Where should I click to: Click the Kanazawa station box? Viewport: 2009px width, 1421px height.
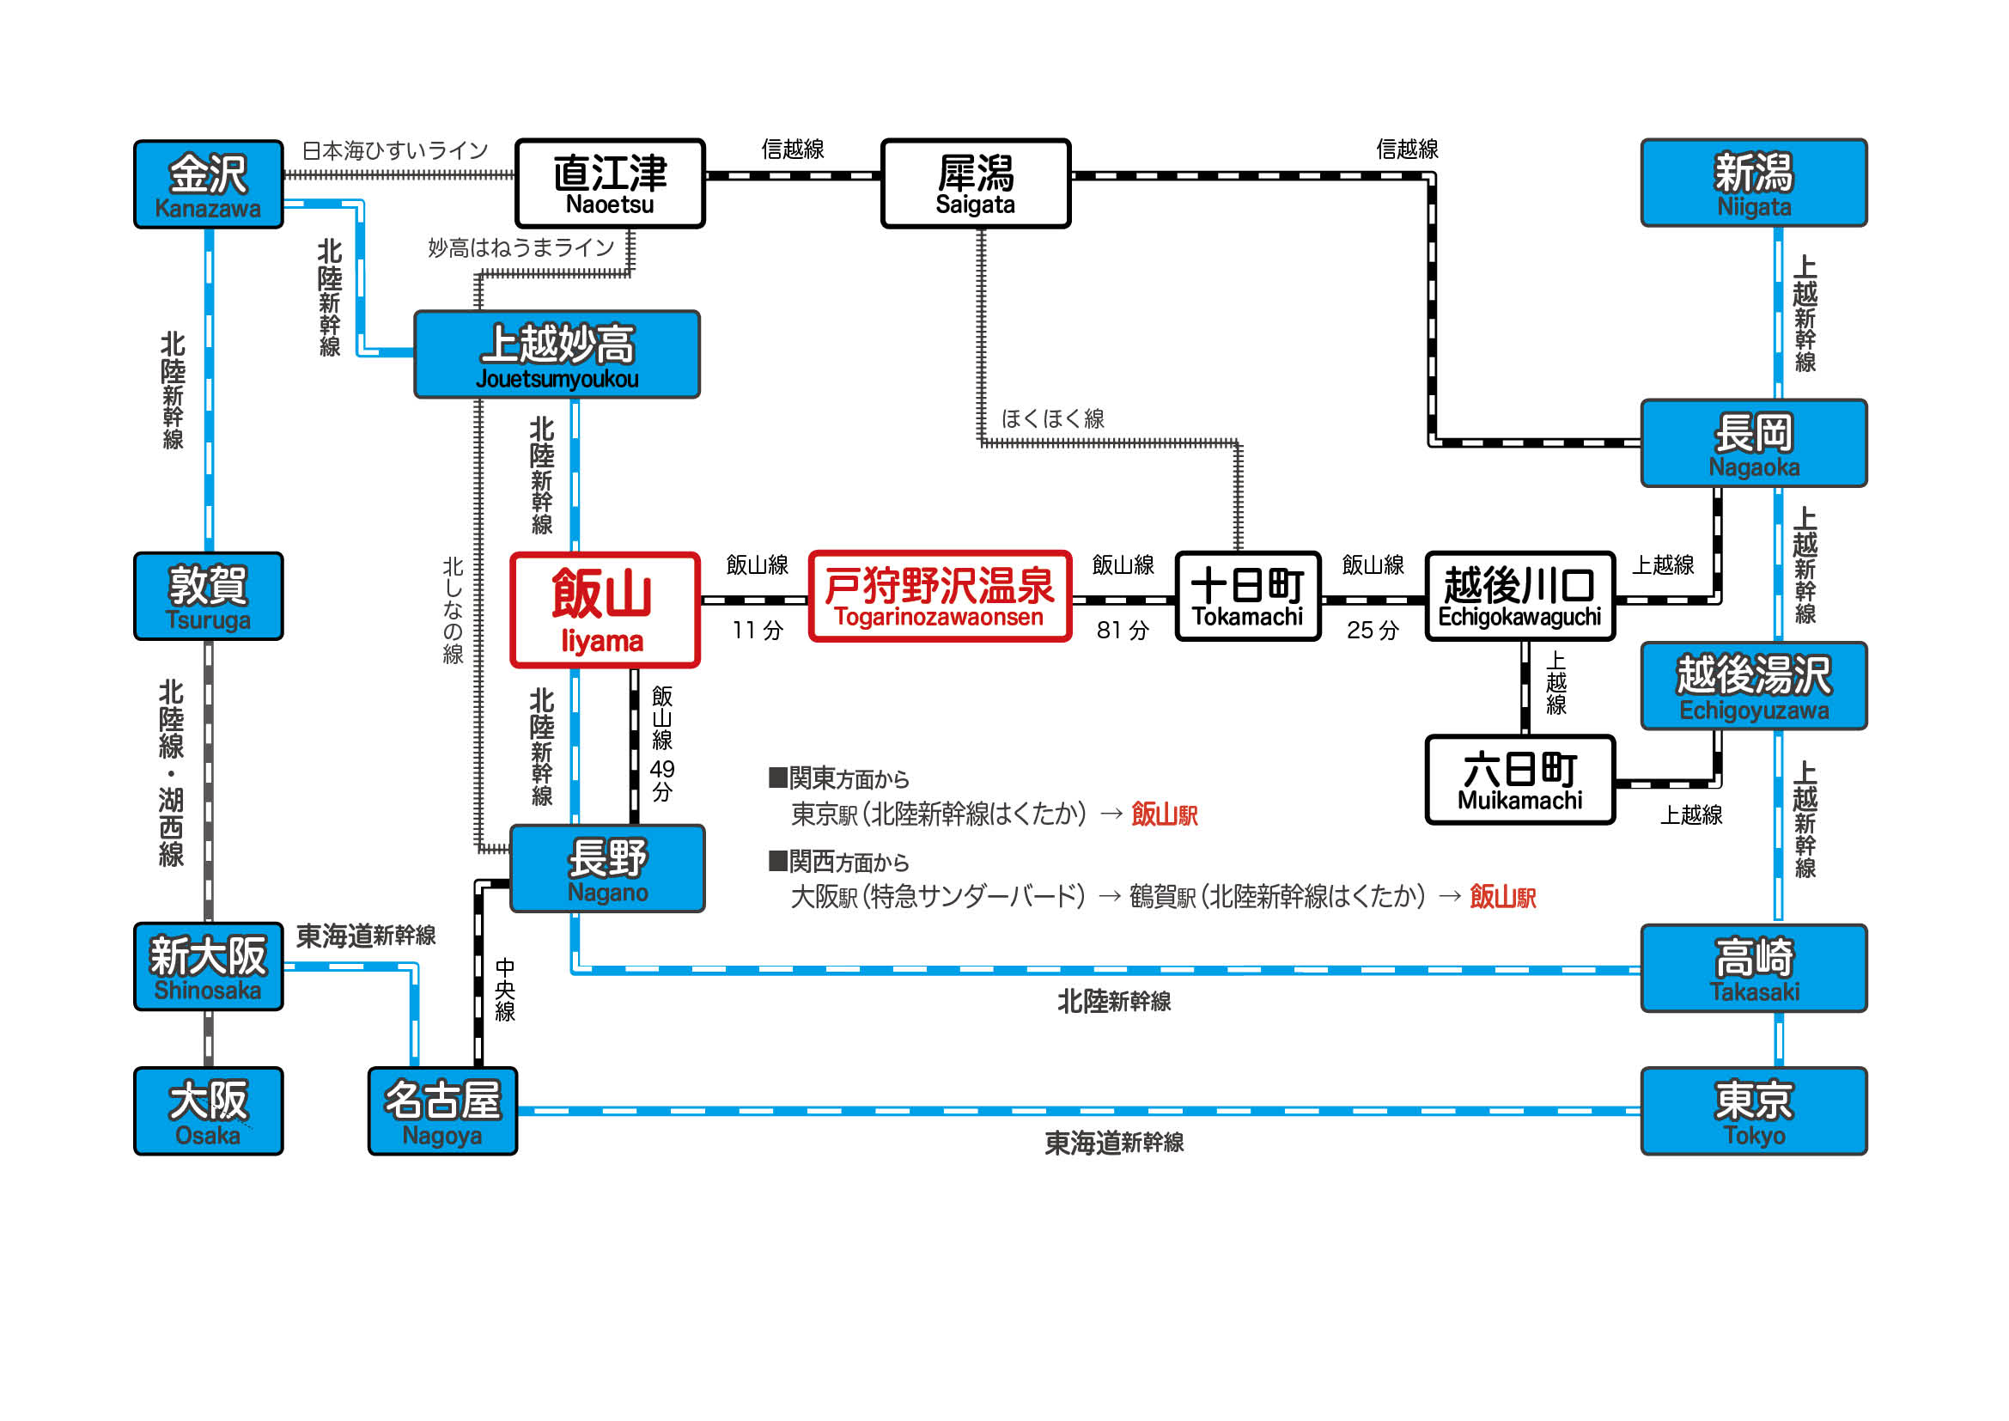click(208, 185)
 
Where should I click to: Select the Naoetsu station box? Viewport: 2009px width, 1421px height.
click(610, 184)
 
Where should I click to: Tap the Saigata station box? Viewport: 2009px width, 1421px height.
click(976, 184)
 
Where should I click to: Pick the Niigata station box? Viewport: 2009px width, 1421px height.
click(1754, 183)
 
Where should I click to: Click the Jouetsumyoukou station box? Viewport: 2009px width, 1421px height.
click(557, 354)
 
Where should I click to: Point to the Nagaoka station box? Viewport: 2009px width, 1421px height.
click(1754, 443)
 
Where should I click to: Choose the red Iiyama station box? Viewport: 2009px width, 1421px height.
click(605, 610)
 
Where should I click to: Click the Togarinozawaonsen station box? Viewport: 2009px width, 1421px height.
click(940, 596)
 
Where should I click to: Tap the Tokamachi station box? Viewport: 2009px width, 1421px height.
click(1248, 596)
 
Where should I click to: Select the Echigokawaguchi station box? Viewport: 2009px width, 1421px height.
click(1520, 596)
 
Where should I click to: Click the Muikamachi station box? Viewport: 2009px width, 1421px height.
click(1520, 779)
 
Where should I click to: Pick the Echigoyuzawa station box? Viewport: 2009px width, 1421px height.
click(1754, 686)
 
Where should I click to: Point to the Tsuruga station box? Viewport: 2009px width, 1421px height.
click(208, 596)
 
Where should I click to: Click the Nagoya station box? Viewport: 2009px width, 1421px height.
click(442, 1111)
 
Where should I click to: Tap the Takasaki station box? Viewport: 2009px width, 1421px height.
click(1754, 968)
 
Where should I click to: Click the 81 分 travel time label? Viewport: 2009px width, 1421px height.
click(1123, 630)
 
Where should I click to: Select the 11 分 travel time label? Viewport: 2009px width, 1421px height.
click(758, 630)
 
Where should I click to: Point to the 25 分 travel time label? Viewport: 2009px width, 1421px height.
click(1373, 630)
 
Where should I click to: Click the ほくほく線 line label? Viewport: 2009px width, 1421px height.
click(1053, 419)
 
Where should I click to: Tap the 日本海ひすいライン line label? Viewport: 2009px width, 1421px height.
click(394, 150)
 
